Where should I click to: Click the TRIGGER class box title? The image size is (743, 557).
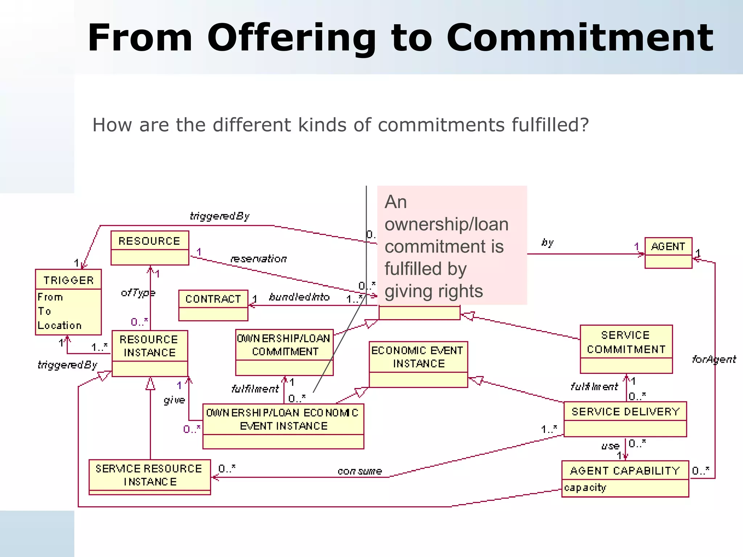pyautogui.click(x=68, y=280)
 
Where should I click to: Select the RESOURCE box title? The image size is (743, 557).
pyautogui.click(x=149, y=241)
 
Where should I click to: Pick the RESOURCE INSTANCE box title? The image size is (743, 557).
pyautogui.click(x=149, y=346)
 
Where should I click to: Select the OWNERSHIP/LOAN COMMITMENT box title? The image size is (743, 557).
pyautogui.click(x=284, y=345)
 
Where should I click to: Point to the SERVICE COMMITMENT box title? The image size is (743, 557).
pyautogui.click(x=626, y=342)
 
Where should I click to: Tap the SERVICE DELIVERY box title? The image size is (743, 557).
pyautogui.click(x=625, y=411)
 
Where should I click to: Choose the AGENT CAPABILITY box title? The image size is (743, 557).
pyautogui.click(x=625, y=470)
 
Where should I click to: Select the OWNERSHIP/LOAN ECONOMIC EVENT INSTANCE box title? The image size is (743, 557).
pyautogui.click(x=283, y=419)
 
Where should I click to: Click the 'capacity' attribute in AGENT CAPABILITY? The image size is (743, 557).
pyautogui.click(x=585, y=488)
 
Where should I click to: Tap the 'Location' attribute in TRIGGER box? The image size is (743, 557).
pyautogui.click(x=60, y=325)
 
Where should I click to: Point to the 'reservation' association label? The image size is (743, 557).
pyautogui.click(x=259, y=259)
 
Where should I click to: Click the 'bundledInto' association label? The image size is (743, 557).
pyautogui.click(x=299, y=297)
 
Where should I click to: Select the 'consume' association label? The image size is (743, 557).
pyautogui.click(x=360, y=471)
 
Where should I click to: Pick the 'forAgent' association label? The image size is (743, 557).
pyautogui.click(x=714, y=359)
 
